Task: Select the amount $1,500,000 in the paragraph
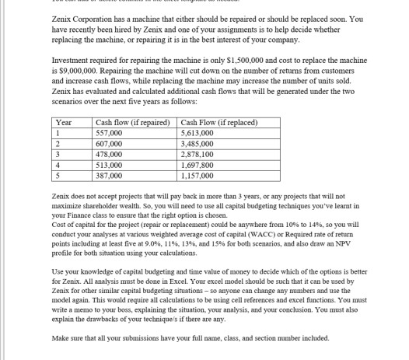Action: click(220, 58)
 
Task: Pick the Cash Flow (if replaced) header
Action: click(217, 121)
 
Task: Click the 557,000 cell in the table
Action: click(107, 131)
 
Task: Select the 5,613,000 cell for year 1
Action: click(197, 131)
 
